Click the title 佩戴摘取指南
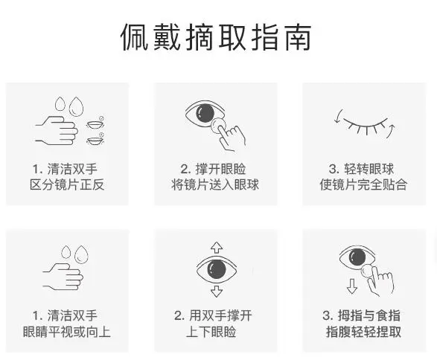click(x=216, y=37)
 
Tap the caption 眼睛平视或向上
click(x=68, y=332)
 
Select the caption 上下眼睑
click(x=215, y=332)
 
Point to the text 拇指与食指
click(x=370, y=315)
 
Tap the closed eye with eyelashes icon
click(x=364, y=123)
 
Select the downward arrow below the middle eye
click(x=216, y=291)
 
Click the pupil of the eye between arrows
click(x=216, y=269)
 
